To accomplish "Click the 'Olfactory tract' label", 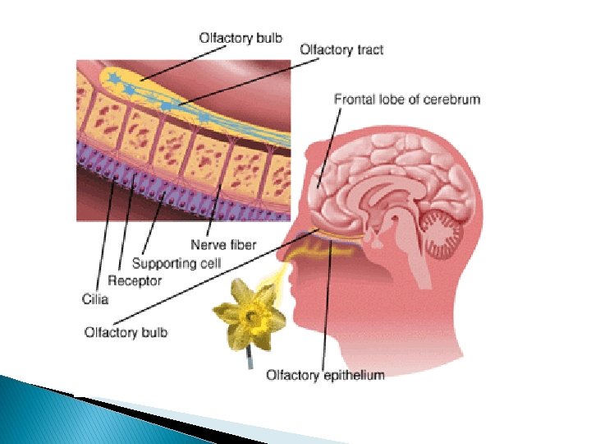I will click(341, 49).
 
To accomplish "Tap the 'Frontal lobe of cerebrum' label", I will click(406, 99).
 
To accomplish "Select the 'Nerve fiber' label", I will click(223, 244).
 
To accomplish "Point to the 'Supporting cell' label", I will click(176, 263).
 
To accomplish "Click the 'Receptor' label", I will click(135, 281).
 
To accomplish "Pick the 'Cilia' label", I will click(95, 299).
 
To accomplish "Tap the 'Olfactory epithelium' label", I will click(324, 375).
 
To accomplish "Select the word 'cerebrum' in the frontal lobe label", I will click(451, 99).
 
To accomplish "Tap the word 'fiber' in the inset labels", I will click(242, 244).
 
